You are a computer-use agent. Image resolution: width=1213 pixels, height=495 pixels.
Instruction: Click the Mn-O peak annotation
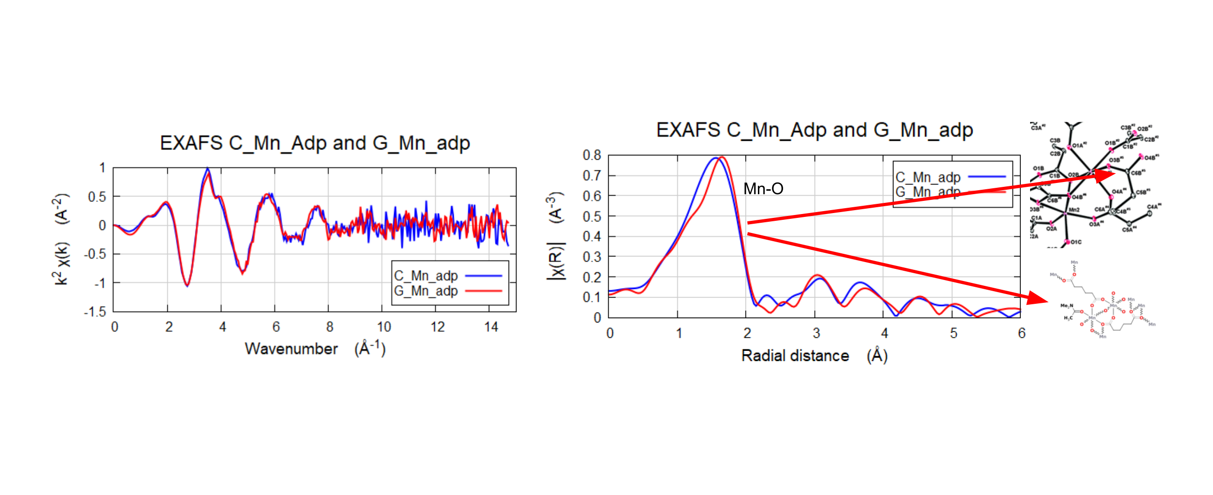coord(763,189)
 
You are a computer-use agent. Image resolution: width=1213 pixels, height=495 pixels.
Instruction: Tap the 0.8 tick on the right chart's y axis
coord(592,155)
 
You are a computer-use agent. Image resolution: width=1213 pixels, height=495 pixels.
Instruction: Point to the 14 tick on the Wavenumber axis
coord(491,327)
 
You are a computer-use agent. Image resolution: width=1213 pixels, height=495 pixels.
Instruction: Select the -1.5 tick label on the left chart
coord(95,312)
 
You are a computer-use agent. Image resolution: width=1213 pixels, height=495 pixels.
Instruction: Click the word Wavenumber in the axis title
coord(291,349)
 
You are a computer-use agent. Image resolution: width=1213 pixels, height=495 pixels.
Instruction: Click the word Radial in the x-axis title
coord(763,356)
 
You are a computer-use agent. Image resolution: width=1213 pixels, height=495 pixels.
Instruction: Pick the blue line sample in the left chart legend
coord(483,276)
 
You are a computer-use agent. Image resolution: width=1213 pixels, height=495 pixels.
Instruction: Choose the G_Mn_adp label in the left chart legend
coord(426,291)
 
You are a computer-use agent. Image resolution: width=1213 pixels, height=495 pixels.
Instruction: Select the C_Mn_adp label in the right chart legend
coord(928,177)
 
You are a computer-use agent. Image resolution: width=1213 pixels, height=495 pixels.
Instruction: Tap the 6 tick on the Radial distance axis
coord(1021,333)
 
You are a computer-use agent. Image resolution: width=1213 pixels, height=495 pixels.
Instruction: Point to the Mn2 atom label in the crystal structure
coord(1074,210)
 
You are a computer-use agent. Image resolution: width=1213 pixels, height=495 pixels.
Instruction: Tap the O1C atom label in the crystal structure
coord(1076,242)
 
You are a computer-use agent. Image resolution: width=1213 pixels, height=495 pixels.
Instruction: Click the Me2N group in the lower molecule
coord(1066,306)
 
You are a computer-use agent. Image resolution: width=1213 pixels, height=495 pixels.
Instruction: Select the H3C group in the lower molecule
coord(1068,318)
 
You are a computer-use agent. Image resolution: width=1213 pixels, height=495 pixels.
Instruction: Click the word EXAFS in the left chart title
coord(191,143)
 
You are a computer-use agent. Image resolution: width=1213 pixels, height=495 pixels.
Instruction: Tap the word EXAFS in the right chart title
coord(688,130)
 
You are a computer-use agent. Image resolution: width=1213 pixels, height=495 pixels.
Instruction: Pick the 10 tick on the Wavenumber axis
coord(384,327)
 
